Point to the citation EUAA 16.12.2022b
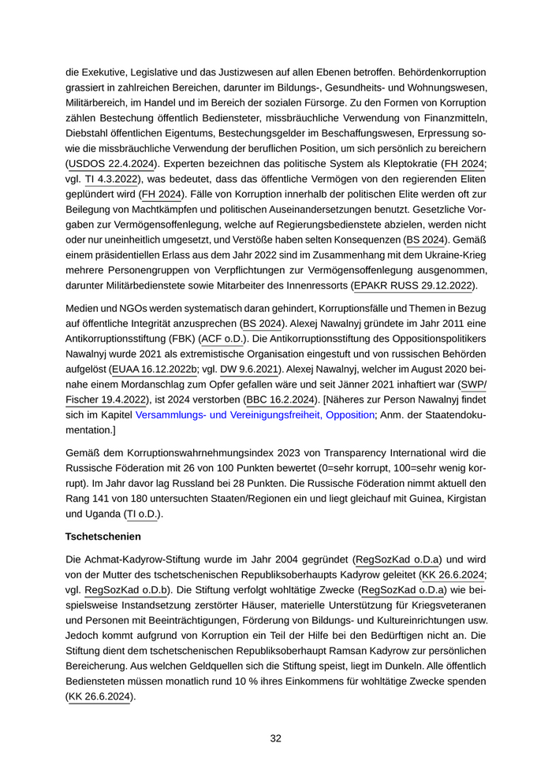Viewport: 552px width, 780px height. [155, 369]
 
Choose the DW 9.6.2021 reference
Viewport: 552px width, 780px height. [248, 369]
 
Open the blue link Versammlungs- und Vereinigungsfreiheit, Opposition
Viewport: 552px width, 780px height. [255, 414]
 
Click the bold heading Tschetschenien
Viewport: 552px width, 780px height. [103, 536]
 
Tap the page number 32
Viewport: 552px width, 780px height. [276, 738]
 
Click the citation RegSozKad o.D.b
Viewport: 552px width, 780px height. [120, 589]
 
